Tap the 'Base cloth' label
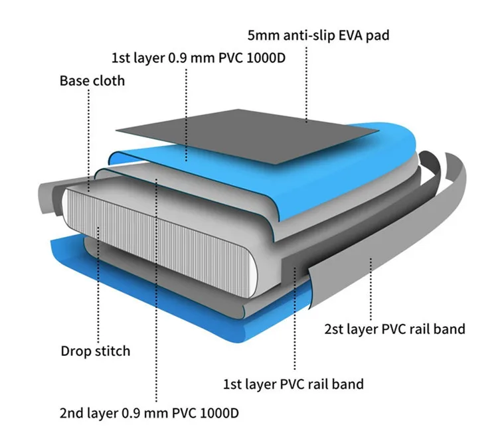pos(92,81)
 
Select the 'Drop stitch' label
pos(96,351)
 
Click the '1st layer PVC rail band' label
pos(293,383)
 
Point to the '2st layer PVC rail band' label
pos(394,329)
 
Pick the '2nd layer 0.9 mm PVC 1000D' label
pos(149,412)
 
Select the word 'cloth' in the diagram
pos(109,81)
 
